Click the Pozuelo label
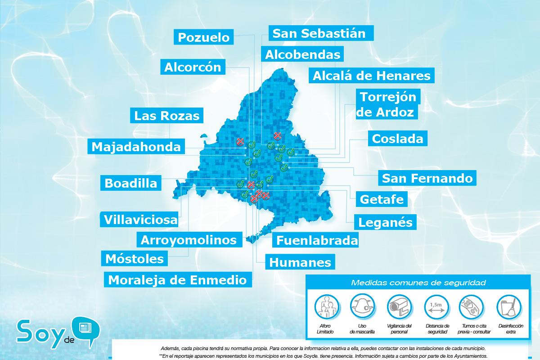[x=204, y=37]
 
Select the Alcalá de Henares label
[x=371, y=76]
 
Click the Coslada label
[x=397, y=139]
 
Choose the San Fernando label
[x=427, y=178]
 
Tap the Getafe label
[x=382, y=199]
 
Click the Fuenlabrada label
[x=317, y=240]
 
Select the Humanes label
[x=300, y=262]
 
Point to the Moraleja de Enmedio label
[x=177, y=279]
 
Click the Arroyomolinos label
[x=189, y=240]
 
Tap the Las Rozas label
[x=166, y=116]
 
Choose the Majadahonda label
[x=136, y=147]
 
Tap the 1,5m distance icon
[x=436, y=307]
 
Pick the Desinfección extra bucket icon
[x=507, y=307]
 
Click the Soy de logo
[x=54, y=332]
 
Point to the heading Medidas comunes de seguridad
[x=418, y=283]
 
